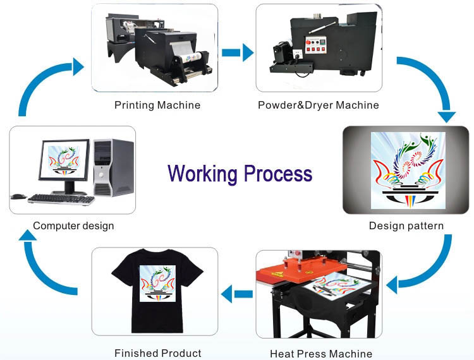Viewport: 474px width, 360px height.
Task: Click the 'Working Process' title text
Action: pos(240,173)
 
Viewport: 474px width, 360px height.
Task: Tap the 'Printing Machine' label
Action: pos(157,105)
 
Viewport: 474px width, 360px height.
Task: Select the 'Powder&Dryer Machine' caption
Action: pos(318,105)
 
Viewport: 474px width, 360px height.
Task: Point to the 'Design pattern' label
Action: pos(406,225)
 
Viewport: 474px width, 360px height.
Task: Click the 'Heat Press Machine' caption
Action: pos(320,354)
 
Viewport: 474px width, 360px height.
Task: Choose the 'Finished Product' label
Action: pos(157,353)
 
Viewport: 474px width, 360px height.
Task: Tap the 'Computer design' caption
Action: pos(73,225)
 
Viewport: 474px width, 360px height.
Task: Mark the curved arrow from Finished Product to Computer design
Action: pos(41,265)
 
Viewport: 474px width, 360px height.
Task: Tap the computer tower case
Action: pos(113,167)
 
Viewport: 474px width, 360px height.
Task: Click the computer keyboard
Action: pos(61,199)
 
